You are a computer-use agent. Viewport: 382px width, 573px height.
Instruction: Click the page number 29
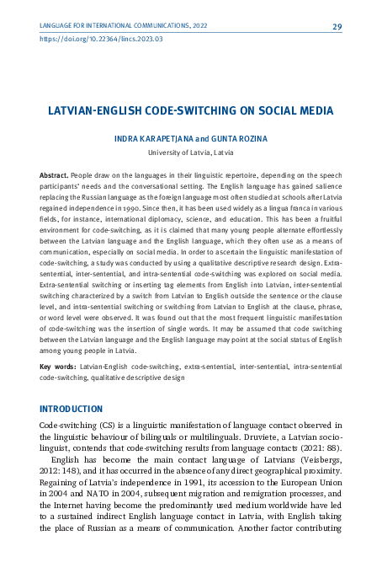(x=337, y=27)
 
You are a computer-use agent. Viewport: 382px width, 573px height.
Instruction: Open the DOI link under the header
(x=101, y=39)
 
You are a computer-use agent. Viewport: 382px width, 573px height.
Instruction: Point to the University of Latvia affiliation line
(x=191, y=153)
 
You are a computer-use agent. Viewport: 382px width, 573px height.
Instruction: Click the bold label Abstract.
(x=55, y=174)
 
